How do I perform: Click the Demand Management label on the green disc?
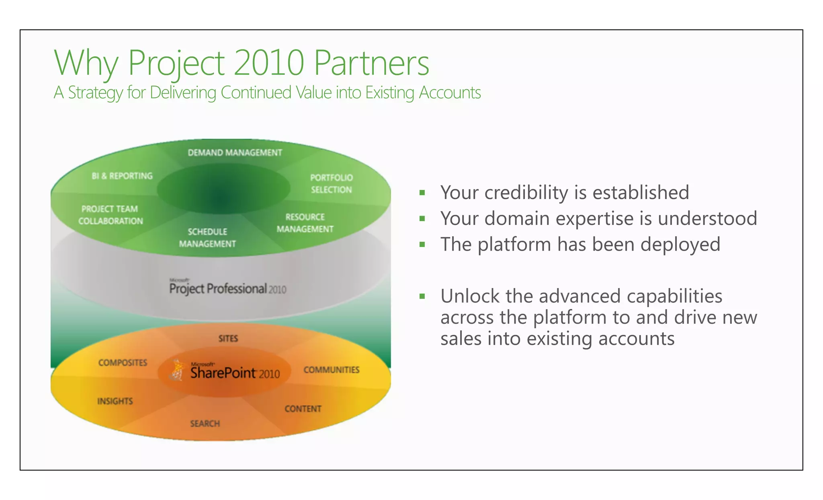tap(235, 153)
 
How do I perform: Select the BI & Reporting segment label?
tap(122, 176)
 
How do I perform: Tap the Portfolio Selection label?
tap(331, 183)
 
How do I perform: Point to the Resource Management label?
tap(305, 223)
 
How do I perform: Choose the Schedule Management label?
tap(207, 238)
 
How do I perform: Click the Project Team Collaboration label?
tap(111, 215)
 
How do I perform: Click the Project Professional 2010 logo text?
tap(227, 288)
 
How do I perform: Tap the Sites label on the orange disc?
tap(228, 339)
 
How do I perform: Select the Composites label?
tap(123, 363)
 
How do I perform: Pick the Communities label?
tap(331, 370)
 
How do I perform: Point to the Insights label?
tap(115, 401)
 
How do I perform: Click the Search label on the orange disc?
tap(205, 424)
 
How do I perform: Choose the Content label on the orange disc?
tap(303, 409)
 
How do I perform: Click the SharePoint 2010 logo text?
tap(235, 373)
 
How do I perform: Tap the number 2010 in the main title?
tap(268, 63)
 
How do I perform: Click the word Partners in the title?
tap(371, 63)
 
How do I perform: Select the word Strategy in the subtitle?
tap(95, 93)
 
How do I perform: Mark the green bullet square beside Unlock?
tap(422, 296)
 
